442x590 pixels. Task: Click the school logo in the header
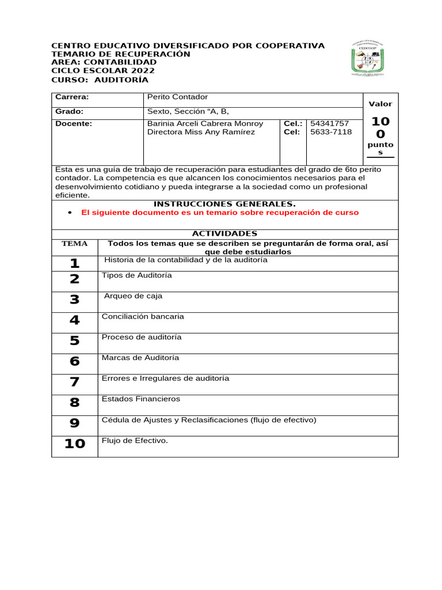point(369,58)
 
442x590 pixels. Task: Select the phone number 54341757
point(329,124)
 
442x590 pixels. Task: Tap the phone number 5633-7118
point(331,132)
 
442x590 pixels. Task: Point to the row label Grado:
point(70,112)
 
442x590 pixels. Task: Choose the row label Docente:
point(74,124)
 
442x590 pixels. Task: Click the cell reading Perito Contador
point(177,97)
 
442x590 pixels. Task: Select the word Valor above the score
point(380,104)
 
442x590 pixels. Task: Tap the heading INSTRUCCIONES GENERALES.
point(224,204)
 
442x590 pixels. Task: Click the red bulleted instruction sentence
point(220,213)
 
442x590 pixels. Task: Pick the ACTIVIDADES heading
point(224,233)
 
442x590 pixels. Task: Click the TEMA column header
point(74,244)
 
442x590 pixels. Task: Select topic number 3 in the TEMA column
point(74,300)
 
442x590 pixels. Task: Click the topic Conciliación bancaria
point(143,316)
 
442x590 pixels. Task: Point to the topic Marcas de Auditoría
point(140,358)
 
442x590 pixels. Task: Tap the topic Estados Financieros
point(141,399)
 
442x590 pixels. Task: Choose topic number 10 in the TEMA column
point(74,444)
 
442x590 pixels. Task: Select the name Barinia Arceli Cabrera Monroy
point(205,124)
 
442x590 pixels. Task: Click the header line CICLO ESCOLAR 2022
point(103,71)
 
